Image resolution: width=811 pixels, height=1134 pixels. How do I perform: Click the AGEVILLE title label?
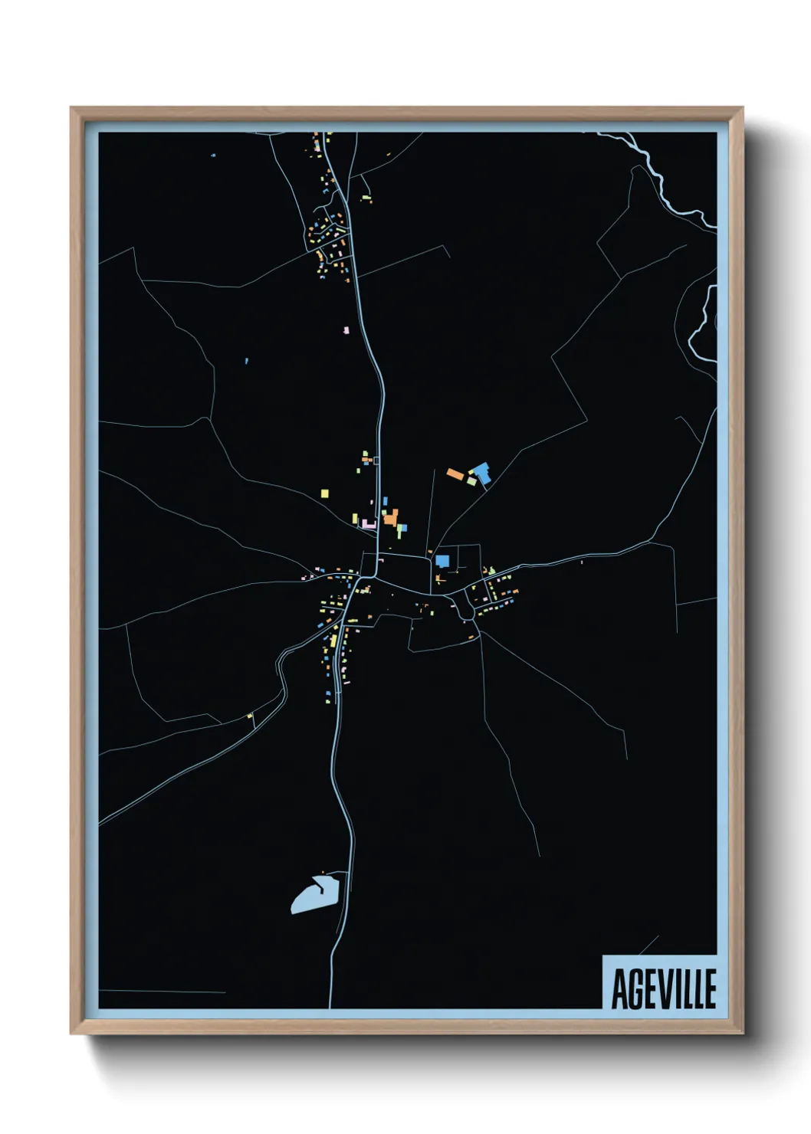pos(663,988)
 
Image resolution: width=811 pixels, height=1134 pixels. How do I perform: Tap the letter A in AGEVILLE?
pos(619,989)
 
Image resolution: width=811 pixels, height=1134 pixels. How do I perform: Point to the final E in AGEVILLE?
pos(709,989)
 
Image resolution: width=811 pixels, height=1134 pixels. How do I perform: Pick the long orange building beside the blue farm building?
pos(455,474)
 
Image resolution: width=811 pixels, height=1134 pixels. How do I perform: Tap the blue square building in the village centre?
pos(442,561)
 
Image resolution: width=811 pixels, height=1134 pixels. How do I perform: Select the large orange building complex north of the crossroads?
pos(391,518)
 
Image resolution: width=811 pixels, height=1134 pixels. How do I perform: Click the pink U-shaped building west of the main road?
pos(369,524)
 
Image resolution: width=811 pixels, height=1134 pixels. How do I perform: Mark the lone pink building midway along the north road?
pos(346,330)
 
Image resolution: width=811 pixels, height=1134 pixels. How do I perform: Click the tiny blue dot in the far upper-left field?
pos(213,156)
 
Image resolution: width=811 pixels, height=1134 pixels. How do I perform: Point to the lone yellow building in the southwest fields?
pos(249,716)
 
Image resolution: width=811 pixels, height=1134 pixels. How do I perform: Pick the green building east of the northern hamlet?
pos(367,199)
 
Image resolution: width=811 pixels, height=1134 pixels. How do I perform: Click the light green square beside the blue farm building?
pos(471,481)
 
